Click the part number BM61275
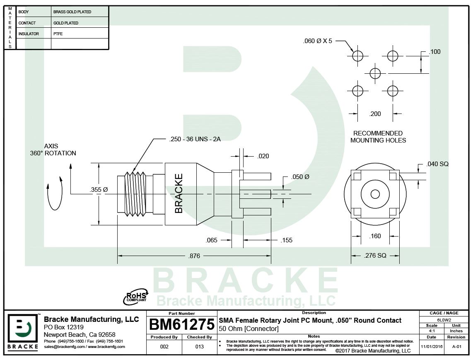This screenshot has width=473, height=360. [x=181, y=325]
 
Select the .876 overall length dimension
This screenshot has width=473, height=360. [x=194, y=256]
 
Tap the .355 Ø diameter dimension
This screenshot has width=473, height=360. [x=99, y=189]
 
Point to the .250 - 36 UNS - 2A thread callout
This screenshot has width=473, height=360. [x=195, y=139]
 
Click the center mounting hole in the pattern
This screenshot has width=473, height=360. [x=375, y=73]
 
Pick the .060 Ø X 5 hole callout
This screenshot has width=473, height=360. [x=317, y=41]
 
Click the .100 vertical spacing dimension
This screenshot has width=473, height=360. [x=435, y=52]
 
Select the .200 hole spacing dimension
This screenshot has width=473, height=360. [x=375, y=114]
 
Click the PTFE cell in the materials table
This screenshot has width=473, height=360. [x=58, y=34]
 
